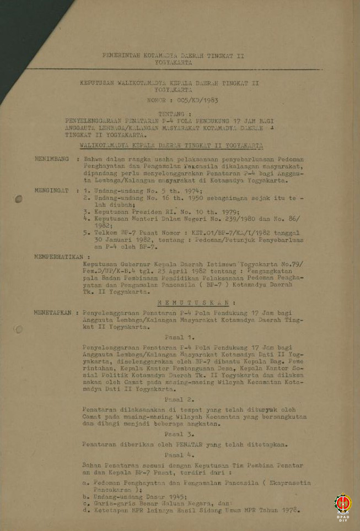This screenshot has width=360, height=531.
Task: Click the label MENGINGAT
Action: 53,191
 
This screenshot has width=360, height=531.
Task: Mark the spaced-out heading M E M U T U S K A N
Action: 197,302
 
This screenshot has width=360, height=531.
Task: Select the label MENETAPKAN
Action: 53,312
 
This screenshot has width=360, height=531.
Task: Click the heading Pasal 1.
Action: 179,337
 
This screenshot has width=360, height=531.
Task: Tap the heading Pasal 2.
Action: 179,399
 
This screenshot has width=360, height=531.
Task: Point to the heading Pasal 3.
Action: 179,434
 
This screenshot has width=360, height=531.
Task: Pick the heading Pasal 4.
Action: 179,455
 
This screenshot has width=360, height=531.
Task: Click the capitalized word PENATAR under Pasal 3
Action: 189,444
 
